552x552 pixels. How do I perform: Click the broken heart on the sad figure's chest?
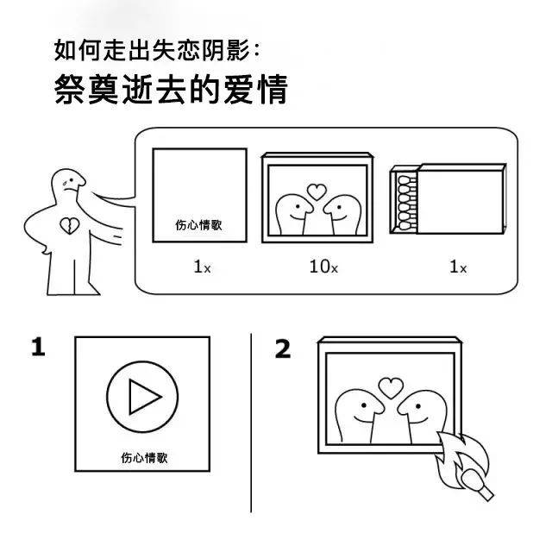pos(69,226)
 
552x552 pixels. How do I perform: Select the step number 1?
pos(38,347)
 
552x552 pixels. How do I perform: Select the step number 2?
pos(283,348)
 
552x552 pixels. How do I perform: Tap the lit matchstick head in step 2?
pos(471,478)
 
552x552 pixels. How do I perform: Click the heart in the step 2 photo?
pos(391,387)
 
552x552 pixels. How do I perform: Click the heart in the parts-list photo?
pos(317,191)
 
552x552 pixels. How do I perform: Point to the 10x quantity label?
pos(323,267)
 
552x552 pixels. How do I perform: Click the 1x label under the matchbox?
pos(458,267)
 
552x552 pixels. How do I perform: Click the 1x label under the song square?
pos(202,267)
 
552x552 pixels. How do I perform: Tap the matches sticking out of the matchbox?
pos(407,204)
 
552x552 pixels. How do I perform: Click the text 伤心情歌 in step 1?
pos(144,458)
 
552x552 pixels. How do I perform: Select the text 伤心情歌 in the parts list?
pos(199,225)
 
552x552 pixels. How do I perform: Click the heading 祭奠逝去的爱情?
pos(172,90)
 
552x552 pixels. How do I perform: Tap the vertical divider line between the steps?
pos(251,423)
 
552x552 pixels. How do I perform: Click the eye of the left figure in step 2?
pos(364,405)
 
